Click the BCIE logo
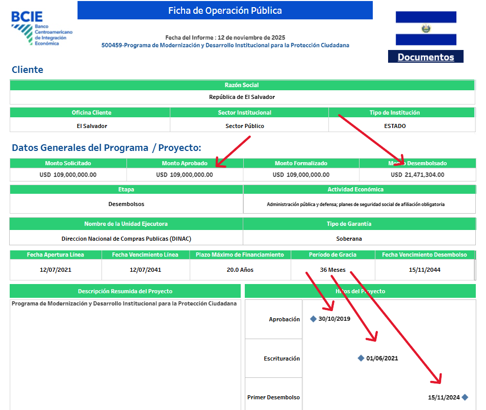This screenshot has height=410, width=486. coord(41,28)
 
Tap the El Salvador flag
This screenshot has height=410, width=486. coord(426,28)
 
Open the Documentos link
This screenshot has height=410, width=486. coord(426,57)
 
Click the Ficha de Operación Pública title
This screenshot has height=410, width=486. coord(225,11)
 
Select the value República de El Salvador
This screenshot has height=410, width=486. coord(242,97)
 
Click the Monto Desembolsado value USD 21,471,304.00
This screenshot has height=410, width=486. coord(417,174)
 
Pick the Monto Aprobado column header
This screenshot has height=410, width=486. coord(185,163)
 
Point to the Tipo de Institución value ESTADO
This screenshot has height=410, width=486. coord(395,125)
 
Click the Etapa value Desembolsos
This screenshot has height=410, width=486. coord(126,204)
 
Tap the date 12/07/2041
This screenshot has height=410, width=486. coord(145,270)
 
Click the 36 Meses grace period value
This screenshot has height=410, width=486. coord(333,270)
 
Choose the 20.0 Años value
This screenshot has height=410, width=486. coord(240,270)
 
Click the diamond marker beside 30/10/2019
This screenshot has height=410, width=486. coord(313,319)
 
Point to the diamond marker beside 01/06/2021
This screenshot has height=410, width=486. coord(361,358)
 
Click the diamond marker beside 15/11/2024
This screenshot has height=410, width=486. coord(465,397)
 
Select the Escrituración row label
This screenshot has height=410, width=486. coord(282,358)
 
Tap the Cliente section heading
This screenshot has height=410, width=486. coord(28,70)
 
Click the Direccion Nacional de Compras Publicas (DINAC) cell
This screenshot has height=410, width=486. coord(126,238)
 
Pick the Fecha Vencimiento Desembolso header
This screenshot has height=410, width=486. coord(424,254)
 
